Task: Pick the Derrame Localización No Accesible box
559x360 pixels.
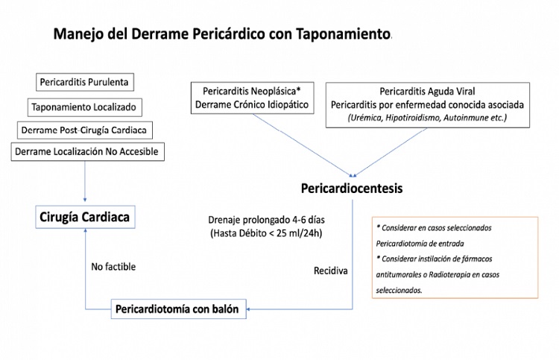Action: coord(86,152)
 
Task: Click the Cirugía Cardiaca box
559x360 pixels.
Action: coord(86,218)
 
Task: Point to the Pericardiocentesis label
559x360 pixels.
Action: coord(353,189)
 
